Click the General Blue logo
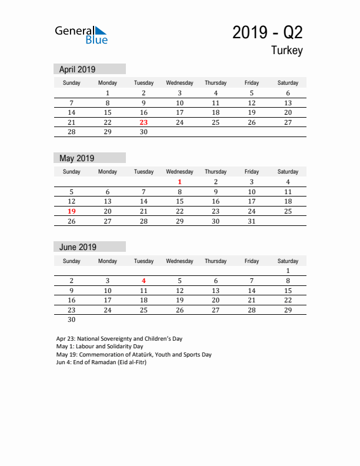[x=81, y=35]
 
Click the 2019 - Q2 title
[x=268, y=32]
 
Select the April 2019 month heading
[x=77, y=69]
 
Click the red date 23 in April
[x=144, y=122]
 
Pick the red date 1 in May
[x=179, y=182]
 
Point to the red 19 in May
[x=72, y=211]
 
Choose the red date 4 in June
[x=144, y=281]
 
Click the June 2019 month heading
[x=77, y=247]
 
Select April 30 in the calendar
[x=144, y=132]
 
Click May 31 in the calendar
[x=252, y=221]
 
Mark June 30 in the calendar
[x=72, y=320]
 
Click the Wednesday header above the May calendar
[x=179, y=172]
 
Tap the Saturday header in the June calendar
[x=288, y=261]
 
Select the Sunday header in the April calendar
[x=72, y=83]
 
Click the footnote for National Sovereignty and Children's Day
[x=119, y=339]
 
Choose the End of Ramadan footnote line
[x=101, y=362]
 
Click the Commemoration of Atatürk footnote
[x=134, y=354]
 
